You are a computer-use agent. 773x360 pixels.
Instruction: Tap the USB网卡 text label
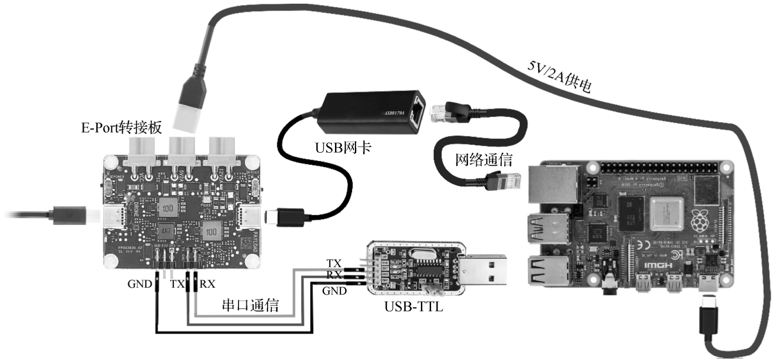click(x=343, y=148)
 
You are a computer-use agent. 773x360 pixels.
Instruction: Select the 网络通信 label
click(x=484, y=160)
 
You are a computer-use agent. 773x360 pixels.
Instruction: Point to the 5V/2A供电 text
click(x=559, y=77)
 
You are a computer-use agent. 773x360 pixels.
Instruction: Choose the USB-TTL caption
click(x=413, y=306)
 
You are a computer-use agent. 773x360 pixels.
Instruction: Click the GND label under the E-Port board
click(x=139, y=284)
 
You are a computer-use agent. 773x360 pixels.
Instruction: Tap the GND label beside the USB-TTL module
click(x=334, y=291)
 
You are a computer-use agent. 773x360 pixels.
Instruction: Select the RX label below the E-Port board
click(x=207, y=284)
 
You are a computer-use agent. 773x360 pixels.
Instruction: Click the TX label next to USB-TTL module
click(x=334, y=264)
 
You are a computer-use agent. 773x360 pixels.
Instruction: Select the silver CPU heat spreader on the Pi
click(x=666, y=214)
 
